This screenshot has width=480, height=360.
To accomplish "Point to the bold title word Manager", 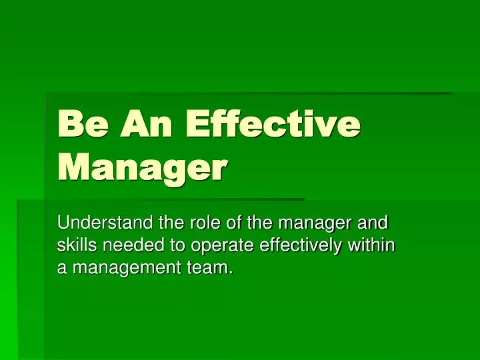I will pyautogui.click(x=142, y=167).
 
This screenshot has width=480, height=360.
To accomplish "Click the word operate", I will pyautogui.click(x=217, y=246).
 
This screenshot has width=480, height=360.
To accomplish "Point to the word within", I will pyautogui.click(x=377, y=245).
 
